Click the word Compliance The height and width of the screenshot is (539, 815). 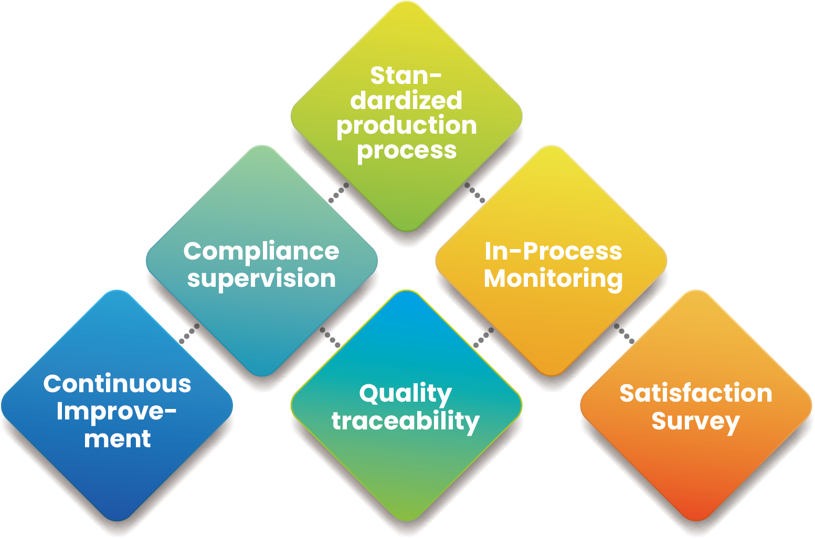(261, 252)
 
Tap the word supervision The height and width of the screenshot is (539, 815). (261, 278)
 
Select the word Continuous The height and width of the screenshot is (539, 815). (117, 384)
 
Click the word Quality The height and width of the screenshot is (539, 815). (405, 394)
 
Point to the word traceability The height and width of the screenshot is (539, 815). (405, 421)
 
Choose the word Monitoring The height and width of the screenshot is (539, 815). (553, 278)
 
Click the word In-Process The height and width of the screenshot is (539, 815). (553, 252)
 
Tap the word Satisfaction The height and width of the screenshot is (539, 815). (696, 393)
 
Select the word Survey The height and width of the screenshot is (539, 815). (696, 421)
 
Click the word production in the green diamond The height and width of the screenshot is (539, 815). (407, 126)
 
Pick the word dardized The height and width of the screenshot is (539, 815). (407, 101)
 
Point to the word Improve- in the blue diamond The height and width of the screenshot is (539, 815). (117, 412)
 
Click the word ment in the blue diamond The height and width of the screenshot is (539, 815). (117, 438)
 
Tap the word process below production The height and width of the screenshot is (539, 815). (407, 150)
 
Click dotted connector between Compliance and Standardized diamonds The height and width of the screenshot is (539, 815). (338, 192)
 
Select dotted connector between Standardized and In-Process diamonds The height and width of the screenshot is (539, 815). (475, 192)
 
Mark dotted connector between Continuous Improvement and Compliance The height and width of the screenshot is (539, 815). (189, 333)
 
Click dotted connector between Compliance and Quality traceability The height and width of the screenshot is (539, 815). (330, 337)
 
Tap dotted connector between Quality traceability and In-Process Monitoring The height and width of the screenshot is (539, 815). (483, 337)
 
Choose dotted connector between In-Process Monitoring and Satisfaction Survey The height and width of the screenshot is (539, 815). (624, 333)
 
